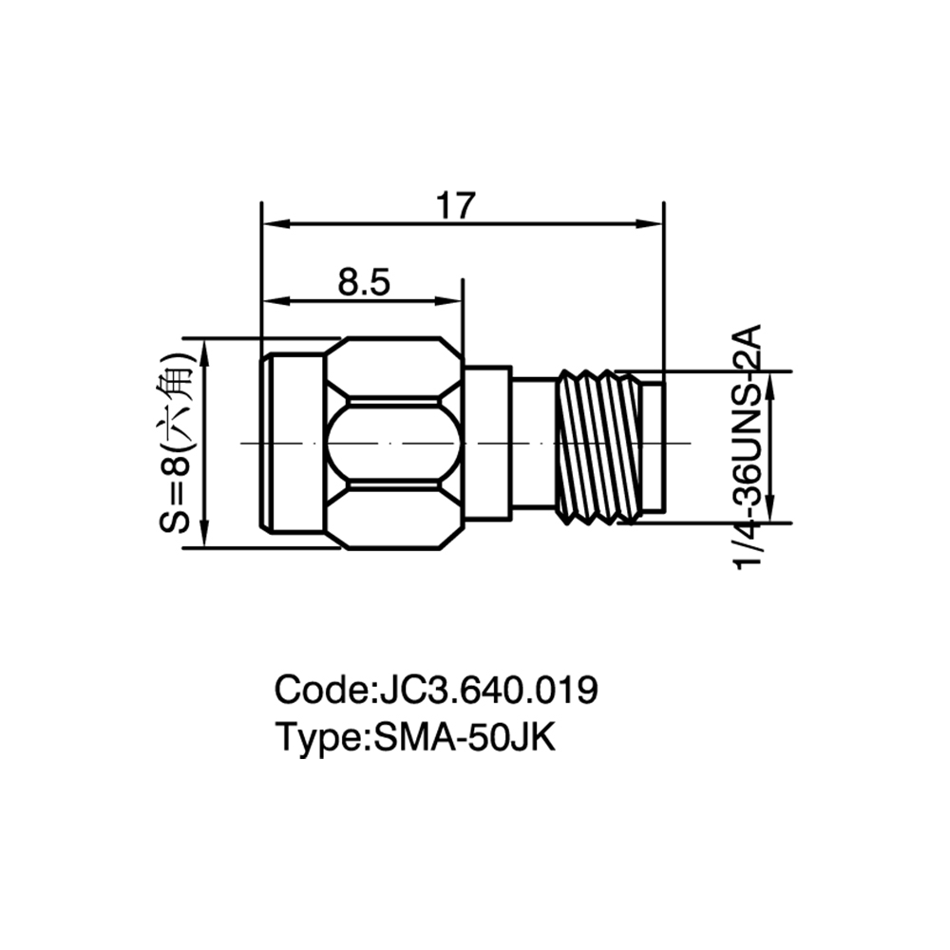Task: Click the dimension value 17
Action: [x=456, y=206]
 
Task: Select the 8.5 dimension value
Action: [x=364, y=282]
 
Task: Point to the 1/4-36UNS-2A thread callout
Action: [x=747, y=447]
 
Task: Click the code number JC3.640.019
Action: [x=488, y=690]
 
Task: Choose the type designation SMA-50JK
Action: [x=465, y=737]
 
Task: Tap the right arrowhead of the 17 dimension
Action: [x=650, y=223]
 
